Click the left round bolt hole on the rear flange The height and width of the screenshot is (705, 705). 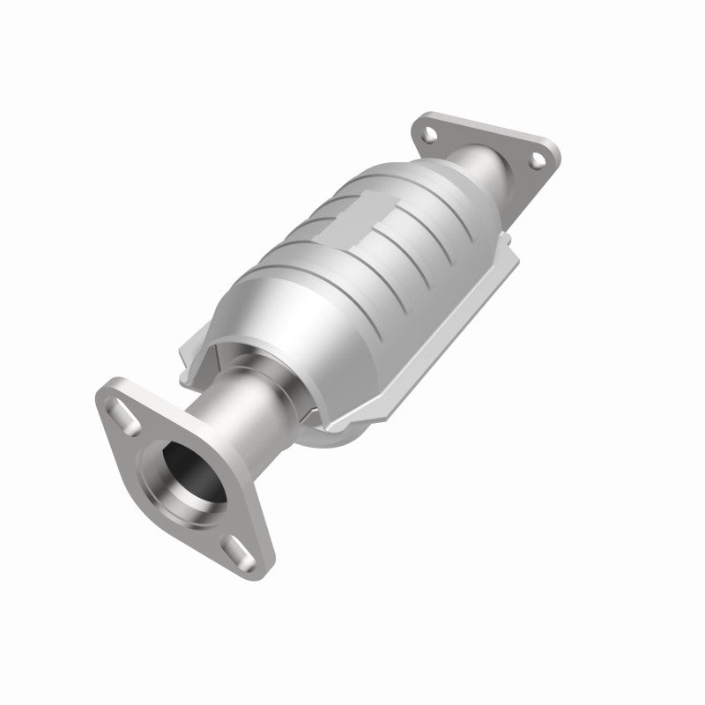pos(428,134)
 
